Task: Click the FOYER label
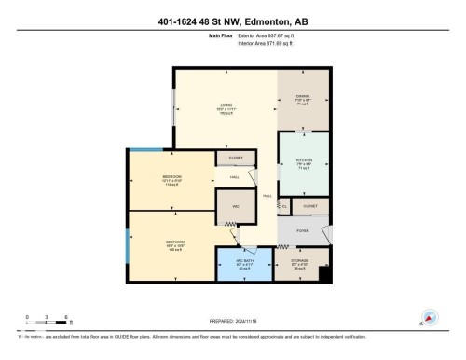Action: (304, 228)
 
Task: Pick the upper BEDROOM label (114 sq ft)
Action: (171, 178)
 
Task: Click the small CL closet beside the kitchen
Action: (286, 205)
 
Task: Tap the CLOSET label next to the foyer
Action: (310, 204)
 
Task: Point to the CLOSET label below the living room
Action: (234, 158)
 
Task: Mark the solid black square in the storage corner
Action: (324, 273)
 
